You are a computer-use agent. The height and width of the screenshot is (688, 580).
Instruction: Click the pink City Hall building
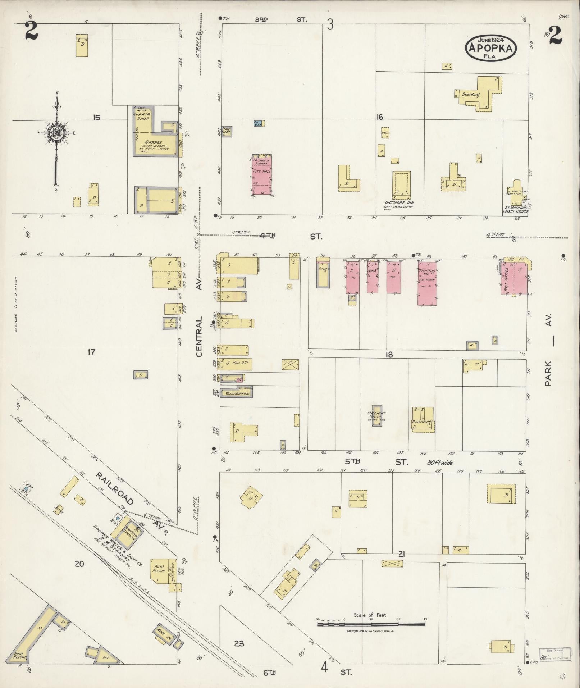(261, 176)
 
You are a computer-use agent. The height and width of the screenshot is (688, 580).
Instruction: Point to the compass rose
(56, 133)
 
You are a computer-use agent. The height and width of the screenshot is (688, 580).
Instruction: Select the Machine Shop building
(377, 415)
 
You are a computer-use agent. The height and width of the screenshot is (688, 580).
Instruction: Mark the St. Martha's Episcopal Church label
(516, 209)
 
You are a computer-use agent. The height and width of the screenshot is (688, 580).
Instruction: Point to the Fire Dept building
(227, 131)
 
